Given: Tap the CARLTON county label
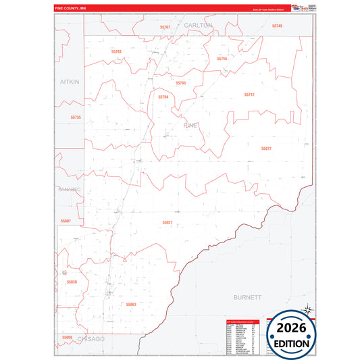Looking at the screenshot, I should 198,25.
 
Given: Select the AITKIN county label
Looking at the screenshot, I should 69,81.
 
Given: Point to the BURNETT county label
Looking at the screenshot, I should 247,297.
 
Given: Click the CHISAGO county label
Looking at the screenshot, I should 91,338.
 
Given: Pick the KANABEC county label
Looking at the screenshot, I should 69,190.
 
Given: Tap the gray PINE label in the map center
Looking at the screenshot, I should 190,126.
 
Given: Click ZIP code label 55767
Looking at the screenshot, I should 165,27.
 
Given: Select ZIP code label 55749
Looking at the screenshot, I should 277,26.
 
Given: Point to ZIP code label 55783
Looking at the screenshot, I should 116,51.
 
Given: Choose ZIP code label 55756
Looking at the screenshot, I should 222,59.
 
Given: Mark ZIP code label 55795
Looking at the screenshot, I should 180,83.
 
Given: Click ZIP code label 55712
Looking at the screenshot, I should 249,95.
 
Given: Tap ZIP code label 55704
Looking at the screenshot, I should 163,97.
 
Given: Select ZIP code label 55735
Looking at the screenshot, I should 76,117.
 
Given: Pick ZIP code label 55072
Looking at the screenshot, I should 265,149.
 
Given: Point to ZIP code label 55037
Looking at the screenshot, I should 168,222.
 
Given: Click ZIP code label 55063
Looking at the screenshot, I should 131,305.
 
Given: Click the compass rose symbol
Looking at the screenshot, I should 307,311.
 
